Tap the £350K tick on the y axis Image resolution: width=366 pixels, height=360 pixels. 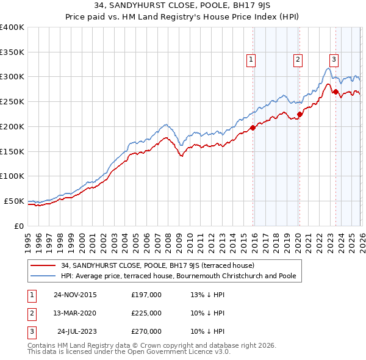(12, 52)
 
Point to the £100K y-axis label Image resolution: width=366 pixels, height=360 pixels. (12, 176)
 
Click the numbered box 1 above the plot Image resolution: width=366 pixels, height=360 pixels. (251, 60)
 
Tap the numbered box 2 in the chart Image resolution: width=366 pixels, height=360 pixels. (298, 60)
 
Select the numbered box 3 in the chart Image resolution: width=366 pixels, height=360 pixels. (334, 60)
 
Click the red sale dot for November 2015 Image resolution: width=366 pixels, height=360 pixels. (253, 128)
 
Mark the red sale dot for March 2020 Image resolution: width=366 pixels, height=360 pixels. (300, 114)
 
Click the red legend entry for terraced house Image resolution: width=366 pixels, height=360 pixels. (161, 265)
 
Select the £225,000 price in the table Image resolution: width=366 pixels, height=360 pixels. (146, 313)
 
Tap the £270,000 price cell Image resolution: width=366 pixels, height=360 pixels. (146, 331)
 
